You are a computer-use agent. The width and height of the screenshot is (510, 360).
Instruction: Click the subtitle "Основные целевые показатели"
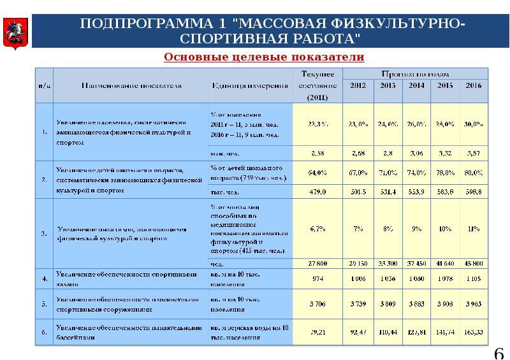pyautogui.click(x=264, y=57)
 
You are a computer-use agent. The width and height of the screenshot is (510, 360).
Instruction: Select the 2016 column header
pyautogui.click(x=473, y=85)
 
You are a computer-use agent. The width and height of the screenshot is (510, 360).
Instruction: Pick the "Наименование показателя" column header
pyautogui.click(x=131, y=85)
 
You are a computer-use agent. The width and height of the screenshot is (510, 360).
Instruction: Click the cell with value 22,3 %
pyautogui.click(x=317, y=125)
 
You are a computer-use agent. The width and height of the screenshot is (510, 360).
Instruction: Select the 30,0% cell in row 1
pyautogui.click(x=474, y=125)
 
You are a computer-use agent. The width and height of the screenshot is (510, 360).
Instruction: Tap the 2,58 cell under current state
pyautogui.click(x=317, y=154)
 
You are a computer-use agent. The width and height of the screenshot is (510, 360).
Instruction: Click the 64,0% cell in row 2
pyautogui.click(x=317, y=172)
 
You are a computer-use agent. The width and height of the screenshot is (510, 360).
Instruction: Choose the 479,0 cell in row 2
pyautogui.click(x=317, y=191)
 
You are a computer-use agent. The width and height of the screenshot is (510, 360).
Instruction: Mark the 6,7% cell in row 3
pyautogui.click(x=317, y=228)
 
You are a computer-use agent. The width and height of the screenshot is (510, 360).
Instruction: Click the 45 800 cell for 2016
pyautogui.click(x=474, y=263)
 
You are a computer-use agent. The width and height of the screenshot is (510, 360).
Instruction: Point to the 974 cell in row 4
pyautogui.click(x=317, y=279)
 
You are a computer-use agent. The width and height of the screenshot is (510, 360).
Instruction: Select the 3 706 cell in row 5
pyautogui.click(x=317, y=305)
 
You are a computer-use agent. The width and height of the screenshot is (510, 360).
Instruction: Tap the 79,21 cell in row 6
pyautogui.click(x=317, y=331)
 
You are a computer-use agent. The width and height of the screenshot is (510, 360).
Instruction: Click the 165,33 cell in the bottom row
pyautogui.click(x=474, y=331)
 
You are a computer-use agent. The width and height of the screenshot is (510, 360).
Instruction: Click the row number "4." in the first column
pyautogui.click(x=44, y=279)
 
